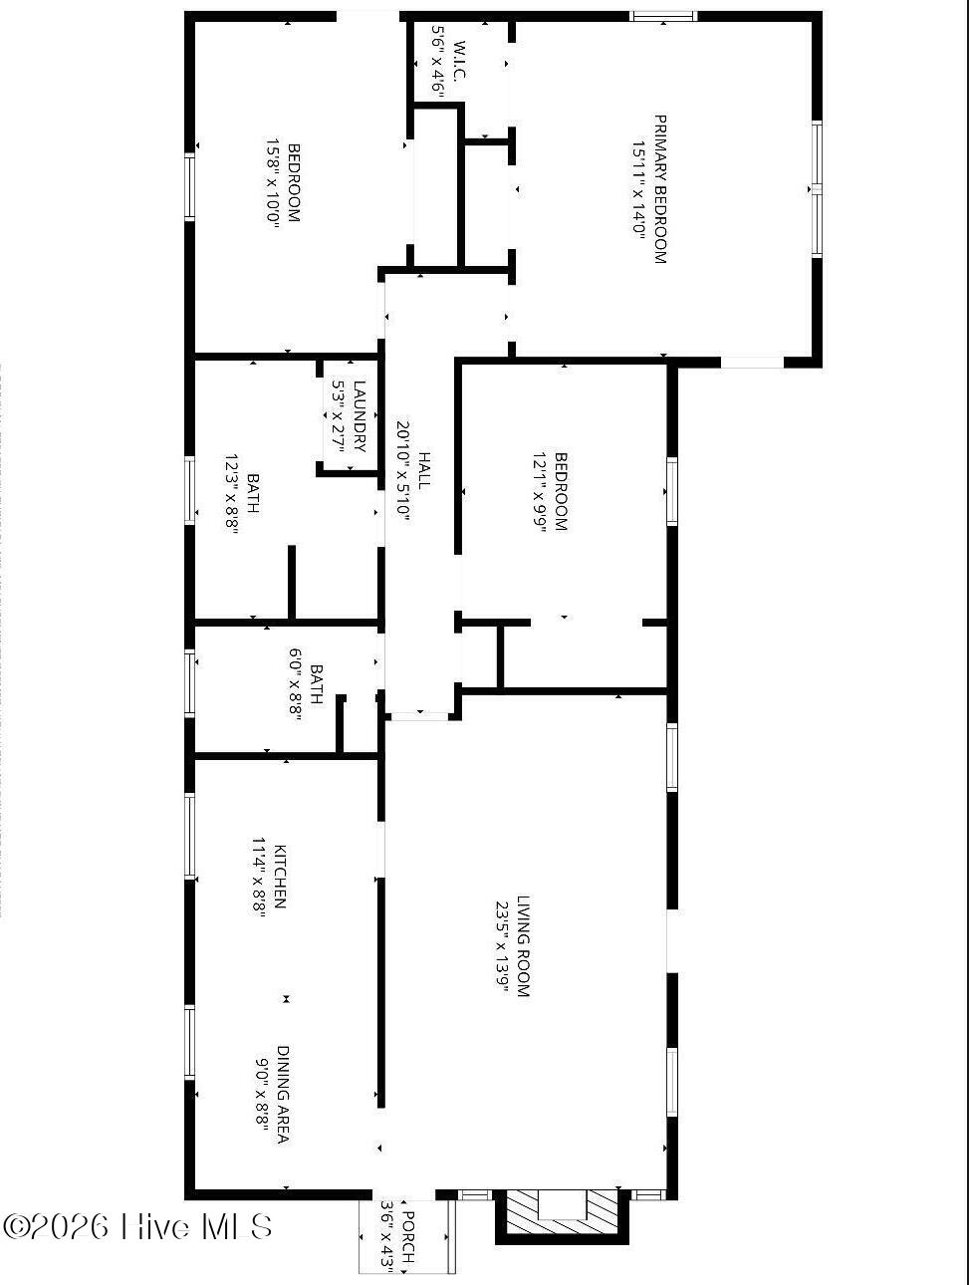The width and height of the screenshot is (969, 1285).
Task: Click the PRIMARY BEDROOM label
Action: [659, 189]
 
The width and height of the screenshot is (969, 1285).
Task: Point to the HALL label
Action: [424, 470]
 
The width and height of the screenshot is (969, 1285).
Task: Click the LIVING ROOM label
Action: [524, 946]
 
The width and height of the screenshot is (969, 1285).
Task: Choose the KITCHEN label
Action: [281, 877]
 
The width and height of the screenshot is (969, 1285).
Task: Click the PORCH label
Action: [407, 1236]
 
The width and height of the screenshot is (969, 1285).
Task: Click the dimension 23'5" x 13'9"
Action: [502, 946]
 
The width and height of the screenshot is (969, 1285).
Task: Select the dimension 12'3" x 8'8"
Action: [231, 495]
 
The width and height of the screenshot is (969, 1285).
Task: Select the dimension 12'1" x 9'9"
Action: [540, 493]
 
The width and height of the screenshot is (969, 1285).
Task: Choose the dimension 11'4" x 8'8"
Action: [260, 877]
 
